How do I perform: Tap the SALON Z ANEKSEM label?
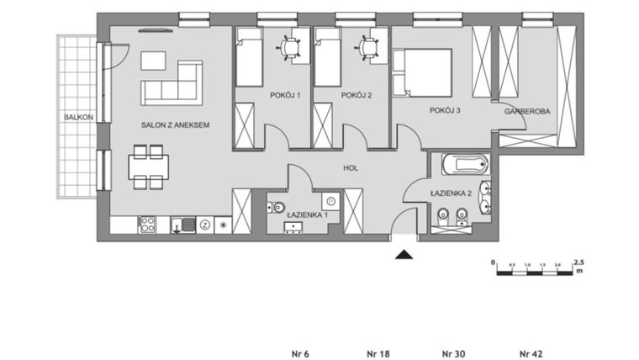[174, 124]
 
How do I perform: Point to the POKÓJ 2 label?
[356, 95]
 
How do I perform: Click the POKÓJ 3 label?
[446, 110]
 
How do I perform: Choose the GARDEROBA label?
[526, 110]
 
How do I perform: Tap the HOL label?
[351, 168]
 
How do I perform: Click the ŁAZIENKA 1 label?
[308, 216]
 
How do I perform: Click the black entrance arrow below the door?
[404, 254]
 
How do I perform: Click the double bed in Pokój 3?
[424, 71]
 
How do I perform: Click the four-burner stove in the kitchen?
[146, 225]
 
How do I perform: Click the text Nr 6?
[300, 352]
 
